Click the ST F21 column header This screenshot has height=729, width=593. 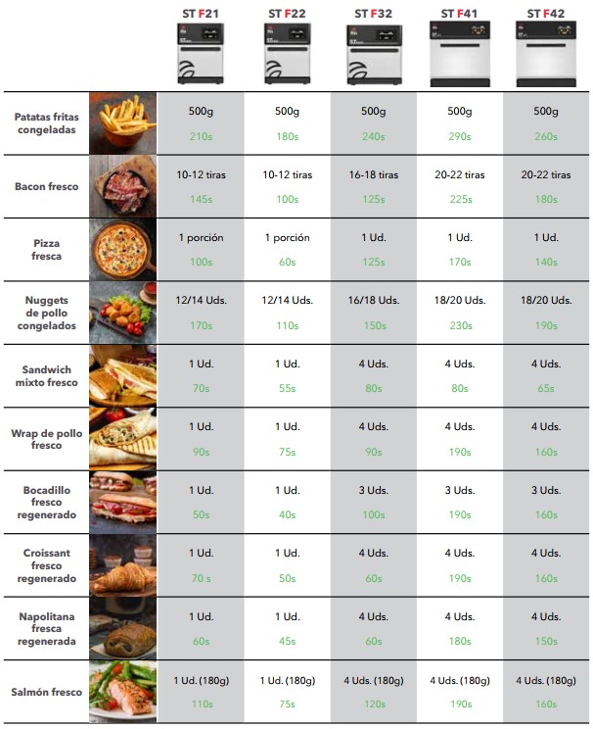coord(201,14)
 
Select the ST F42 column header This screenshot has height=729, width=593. coord(547,14)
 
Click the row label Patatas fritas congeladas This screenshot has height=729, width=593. coord(47,122)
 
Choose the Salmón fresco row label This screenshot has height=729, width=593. coord(47,693)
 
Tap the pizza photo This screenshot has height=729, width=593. coord(122,249)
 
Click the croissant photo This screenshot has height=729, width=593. coord(122,566)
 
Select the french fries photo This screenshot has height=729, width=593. coord(122,122)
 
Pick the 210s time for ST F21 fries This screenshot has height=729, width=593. coord(201,136)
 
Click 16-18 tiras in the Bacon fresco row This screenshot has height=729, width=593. coord(374,175)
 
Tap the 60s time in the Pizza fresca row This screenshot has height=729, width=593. coord(287,262)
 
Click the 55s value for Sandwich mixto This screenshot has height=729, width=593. coord(287,388)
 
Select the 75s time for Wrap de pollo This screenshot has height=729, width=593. coord(287,451)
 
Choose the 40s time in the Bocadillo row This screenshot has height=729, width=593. coord(287,514)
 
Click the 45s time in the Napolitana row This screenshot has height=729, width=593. coord(287,641)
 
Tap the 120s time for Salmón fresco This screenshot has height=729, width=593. coord(374,704)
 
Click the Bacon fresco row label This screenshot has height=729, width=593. coord(47,186)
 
